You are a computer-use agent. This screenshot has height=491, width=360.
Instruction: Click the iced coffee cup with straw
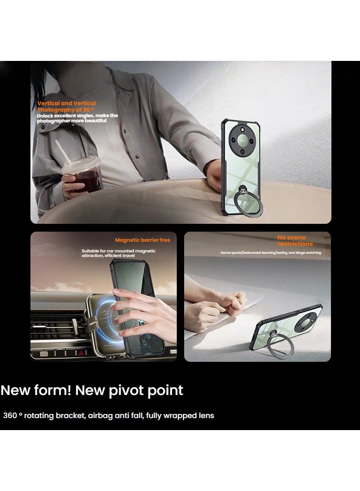click(82, 175)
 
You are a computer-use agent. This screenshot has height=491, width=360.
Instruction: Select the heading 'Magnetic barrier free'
click(143, 240)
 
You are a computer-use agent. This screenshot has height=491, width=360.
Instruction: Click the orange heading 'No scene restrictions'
click(295, 241)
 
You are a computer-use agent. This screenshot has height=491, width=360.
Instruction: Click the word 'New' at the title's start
click(18, 390)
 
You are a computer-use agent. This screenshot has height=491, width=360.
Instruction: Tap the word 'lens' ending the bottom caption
click(206, 415)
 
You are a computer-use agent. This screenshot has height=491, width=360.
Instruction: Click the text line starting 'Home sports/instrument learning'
click(270, 253)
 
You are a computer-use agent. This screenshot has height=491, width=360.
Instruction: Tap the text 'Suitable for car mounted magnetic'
click(118, 251)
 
